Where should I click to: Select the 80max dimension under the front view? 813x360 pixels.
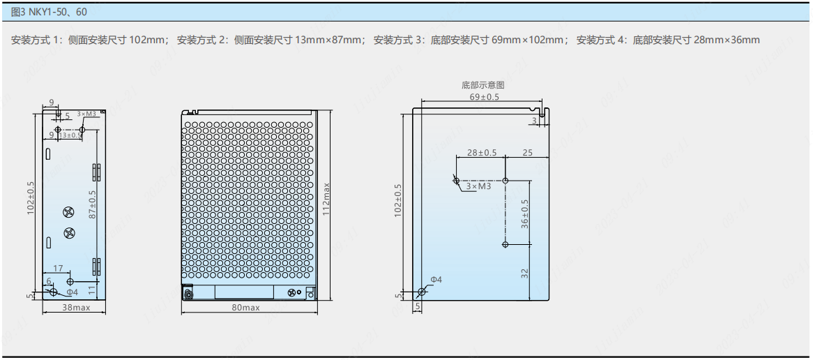[245, 307]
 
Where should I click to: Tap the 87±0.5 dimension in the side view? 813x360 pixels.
[92, 204]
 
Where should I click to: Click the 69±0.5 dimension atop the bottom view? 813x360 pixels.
[484, 96]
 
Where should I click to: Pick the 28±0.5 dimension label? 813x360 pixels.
[482, 152]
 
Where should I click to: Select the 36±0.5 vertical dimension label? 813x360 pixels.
[525, 213]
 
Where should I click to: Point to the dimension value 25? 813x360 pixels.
[527, 152]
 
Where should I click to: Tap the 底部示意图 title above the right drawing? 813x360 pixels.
[483, 85]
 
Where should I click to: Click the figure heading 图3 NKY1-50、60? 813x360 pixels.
[49, 12]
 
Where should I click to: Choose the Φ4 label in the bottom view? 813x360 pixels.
[436, 279]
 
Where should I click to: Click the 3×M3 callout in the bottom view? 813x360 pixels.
[478, 186]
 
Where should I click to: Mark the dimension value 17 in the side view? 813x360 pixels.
[59, 268]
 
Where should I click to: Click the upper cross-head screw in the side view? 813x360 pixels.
[68, 213]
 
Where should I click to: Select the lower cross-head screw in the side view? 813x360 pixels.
[68, 233]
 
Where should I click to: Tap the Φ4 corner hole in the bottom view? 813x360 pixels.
[420, 292]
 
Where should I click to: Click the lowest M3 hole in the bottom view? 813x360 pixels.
[506, 244]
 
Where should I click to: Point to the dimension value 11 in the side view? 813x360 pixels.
[91, 287]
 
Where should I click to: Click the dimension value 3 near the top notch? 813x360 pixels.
[534, 121]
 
